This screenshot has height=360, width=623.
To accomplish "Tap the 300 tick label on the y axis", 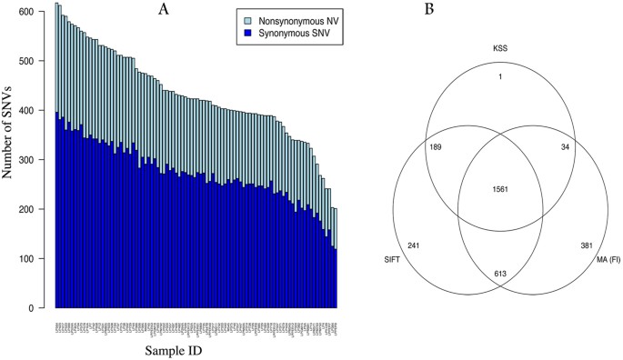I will [x=34, y=160].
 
